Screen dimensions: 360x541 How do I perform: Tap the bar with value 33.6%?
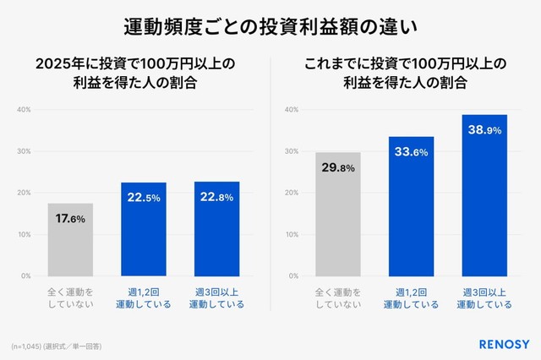click(411, 206)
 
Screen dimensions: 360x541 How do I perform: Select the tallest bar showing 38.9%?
click(484, 195)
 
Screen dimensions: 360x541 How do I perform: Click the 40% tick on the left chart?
click(24, 110)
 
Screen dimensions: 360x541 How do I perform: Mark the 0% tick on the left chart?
click(25, 275)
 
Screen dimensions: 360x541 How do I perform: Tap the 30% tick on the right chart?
click(292, 151)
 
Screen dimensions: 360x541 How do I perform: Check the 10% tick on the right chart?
click(292, 234)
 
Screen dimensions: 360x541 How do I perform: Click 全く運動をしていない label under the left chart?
click(70, 297)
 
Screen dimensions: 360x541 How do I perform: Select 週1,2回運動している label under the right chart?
click(411, 297)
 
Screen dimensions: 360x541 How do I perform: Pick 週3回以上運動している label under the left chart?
click(216, 297)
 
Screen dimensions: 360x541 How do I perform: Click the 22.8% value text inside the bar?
click(216, 198)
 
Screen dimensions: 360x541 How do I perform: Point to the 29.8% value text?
click(338, 168)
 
